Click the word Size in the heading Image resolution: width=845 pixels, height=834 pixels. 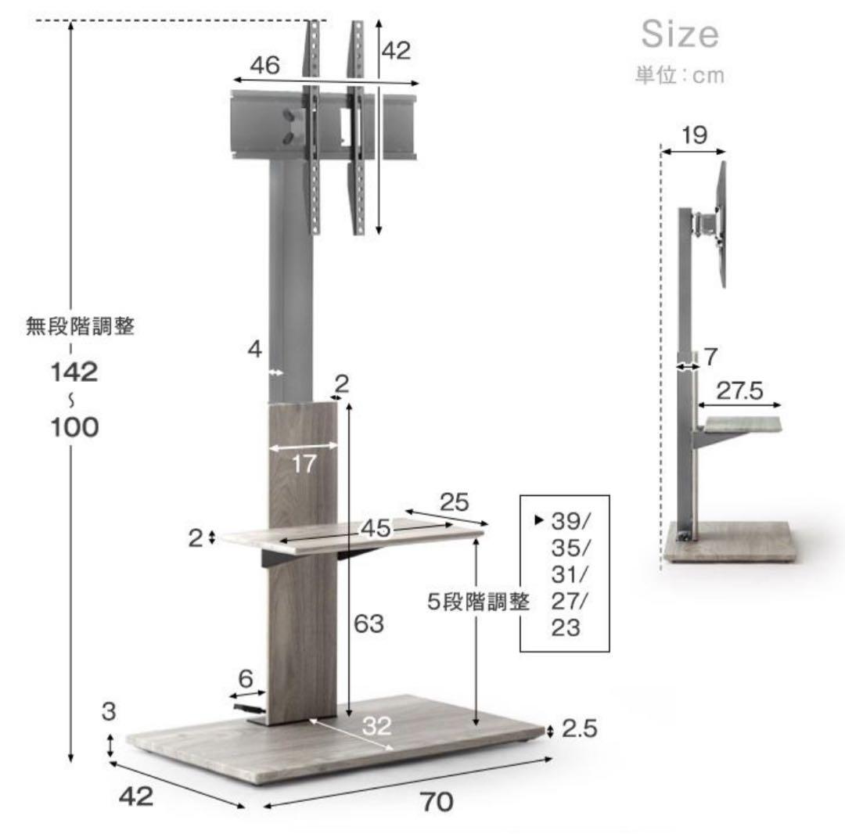tap(680, 34)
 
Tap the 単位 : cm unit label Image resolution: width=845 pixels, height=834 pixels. tap(680, 75)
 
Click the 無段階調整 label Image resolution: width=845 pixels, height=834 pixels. tap(81, 326)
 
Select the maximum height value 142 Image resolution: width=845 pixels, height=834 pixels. tap(74, 372)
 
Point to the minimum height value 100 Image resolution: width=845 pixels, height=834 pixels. tap(74, 427)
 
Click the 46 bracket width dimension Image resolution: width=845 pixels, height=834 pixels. tap(264, 65)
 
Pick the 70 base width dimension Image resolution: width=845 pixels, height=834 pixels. tap(437, 802)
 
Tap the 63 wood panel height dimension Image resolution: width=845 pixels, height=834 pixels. tap(369, 624)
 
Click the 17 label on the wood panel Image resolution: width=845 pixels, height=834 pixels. tap(304, 464)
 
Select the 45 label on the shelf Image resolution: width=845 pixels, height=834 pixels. tap(376, 529)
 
